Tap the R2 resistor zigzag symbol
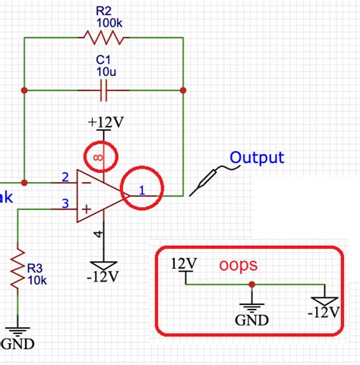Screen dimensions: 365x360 [x=103, y=38]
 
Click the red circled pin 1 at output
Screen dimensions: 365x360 [x=142, y=188]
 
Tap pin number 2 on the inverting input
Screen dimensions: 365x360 [x=65, y=178]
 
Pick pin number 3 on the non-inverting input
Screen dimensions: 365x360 [x=65, y=203]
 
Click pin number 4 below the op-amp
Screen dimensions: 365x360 [x=97, y=234]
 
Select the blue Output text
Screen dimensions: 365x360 [x=257, y=158]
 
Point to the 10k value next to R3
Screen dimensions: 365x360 [x=38, y=280]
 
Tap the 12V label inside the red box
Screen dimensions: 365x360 [x=185, y=263]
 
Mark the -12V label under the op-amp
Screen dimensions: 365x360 [x=103, y=273]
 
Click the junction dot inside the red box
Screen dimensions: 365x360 [x=251, y=285]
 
